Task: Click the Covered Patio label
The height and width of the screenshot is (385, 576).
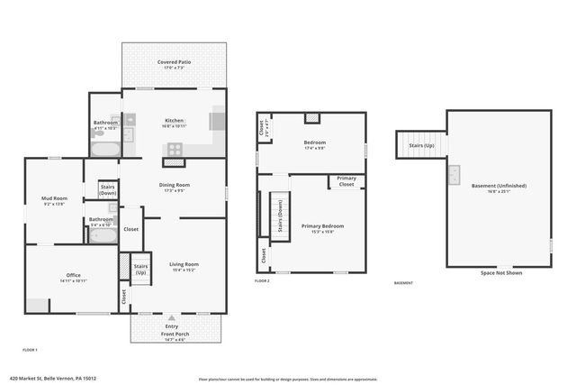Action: (174, 62)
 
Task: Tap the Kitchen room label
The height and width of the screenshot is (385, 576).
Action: (174, 120)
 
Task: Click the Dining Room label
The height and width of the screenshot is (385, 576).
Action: (174, 185)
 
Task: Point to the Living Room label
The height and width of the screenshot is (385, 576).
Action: (184, 264)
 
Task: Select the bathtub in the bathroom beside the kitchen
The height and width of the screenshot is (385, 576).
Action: (105, 150)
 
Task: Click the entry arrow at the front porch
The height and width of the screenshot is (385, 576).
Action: (171, 318)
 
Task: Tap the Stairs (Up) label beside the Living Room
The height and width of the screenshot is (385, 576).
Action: (140, 269)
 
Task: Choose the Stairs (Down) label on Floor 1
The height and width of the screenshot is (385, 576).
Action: (108, 189)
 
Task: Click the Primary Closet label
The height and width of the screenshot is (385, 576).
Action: (346, 182)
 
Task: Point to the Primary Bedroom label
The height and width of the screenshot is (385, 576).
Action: (322, 225)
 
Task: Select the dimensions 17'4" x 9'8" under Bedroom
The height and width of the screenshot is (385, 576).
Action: (314, 149)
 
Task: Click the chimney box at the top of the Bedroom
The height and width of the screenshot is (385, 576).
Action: (312, 117)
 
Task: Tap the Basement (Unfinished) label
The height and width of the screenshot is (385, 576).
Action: (499, 186)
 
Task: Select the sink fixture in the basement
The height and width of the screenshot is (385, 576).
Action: (454, 173)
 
